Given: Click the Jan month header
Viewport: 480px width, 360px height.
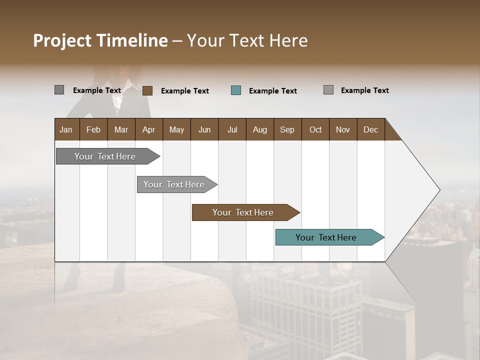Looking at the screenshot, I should point(66,129).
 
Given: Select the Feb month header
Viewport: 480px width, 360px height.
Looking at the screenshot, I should point(93,129).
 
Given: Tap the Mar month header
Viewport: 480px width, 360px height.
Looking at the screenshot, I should point(121,129).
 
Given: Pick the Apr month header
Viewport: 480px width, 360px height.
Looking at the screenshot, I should point(149,129).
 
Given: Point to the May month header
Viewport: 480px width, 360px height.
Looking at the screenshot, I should point(176,129).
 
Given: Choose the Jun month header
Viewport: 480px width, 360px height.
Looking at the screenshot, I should point(204,129).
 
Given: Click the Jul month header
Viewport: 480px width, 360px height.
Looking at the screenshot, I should point(232,129).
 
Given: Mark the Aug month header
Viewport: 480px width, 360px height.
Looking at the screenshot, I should point(260,129).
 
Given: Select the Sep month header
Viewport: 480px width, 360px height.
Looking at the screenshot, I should point(287,129).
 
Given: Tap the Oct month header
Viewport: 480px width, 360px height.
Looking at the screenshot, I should point(315,129).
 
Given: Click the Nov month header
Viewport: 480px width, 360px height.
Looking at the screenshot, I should point(343,129).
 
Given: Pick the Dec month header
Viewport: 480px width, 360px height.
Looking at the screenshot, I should point(371,129).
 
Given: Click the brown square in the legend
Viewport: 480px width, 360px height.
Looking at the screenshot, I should point(147,90).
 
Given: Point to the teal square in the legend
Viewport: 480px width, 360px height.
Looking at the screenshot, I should point(236,90).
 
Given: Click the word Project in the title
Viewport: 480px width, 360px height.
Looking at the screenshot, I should point(63,40).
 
